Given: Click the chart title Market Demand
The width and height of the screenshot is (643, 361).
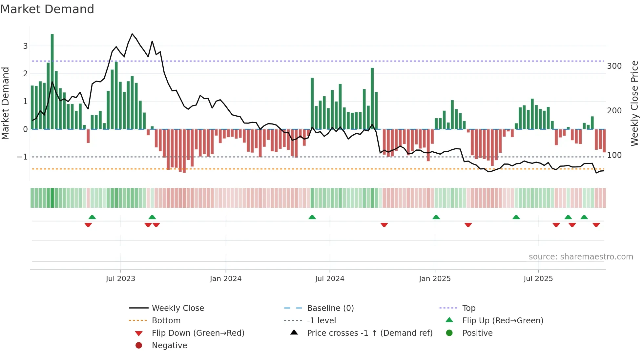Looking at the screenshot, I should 47,9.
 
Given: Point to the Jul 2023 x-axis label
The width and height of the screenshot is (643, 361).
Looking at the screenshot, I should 120,279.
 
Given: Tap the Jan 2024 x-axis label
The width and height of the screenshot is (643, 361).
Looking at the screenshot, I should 226,279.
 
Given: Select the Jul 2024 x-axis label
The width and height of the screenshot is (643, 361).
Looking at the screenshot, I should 330,279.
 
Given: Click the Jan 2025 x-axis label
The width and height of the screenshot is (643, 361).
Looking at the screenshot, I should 435,279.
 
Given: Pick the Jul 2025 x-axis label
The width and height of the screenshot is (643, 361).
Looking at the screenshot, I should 538,279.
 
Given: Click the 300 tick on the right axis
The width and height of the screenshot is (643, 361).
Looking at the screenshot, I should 614,66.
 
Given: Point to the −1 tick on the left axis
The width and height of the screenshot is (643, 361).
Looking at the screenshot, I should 22,157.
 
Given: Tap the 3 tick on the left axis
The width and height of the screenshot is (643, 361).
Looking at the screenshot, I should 25,46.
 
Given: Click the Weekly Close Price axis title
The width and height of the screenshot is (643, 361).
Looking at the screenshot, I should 634,103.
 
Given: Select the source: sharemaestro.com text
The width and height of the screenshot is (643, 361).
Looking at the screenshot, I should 581,257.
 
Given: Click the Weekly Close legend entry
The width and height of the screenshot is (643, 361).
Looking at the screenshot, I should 177,308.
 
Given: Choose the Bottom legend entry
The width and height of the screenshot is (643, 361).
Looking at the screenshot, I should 166,321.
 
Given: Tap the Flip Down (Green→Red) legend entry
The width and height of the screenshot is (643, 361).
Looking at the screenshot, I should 198,333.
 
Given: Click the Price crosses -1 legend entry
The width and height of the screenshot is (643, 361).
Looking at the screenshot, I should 369,333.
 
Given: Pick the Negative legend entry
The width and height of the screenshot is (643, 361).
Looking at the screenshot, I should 169,346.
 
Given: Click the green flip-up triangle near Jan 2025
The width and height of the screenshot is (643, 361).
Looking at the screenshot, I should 436,217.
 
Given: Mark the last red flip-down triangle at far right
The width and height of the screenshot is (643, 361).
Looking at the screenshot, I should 596,225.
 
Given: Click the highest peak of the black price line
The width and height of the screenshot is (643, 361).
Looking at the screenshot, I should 132,34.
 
